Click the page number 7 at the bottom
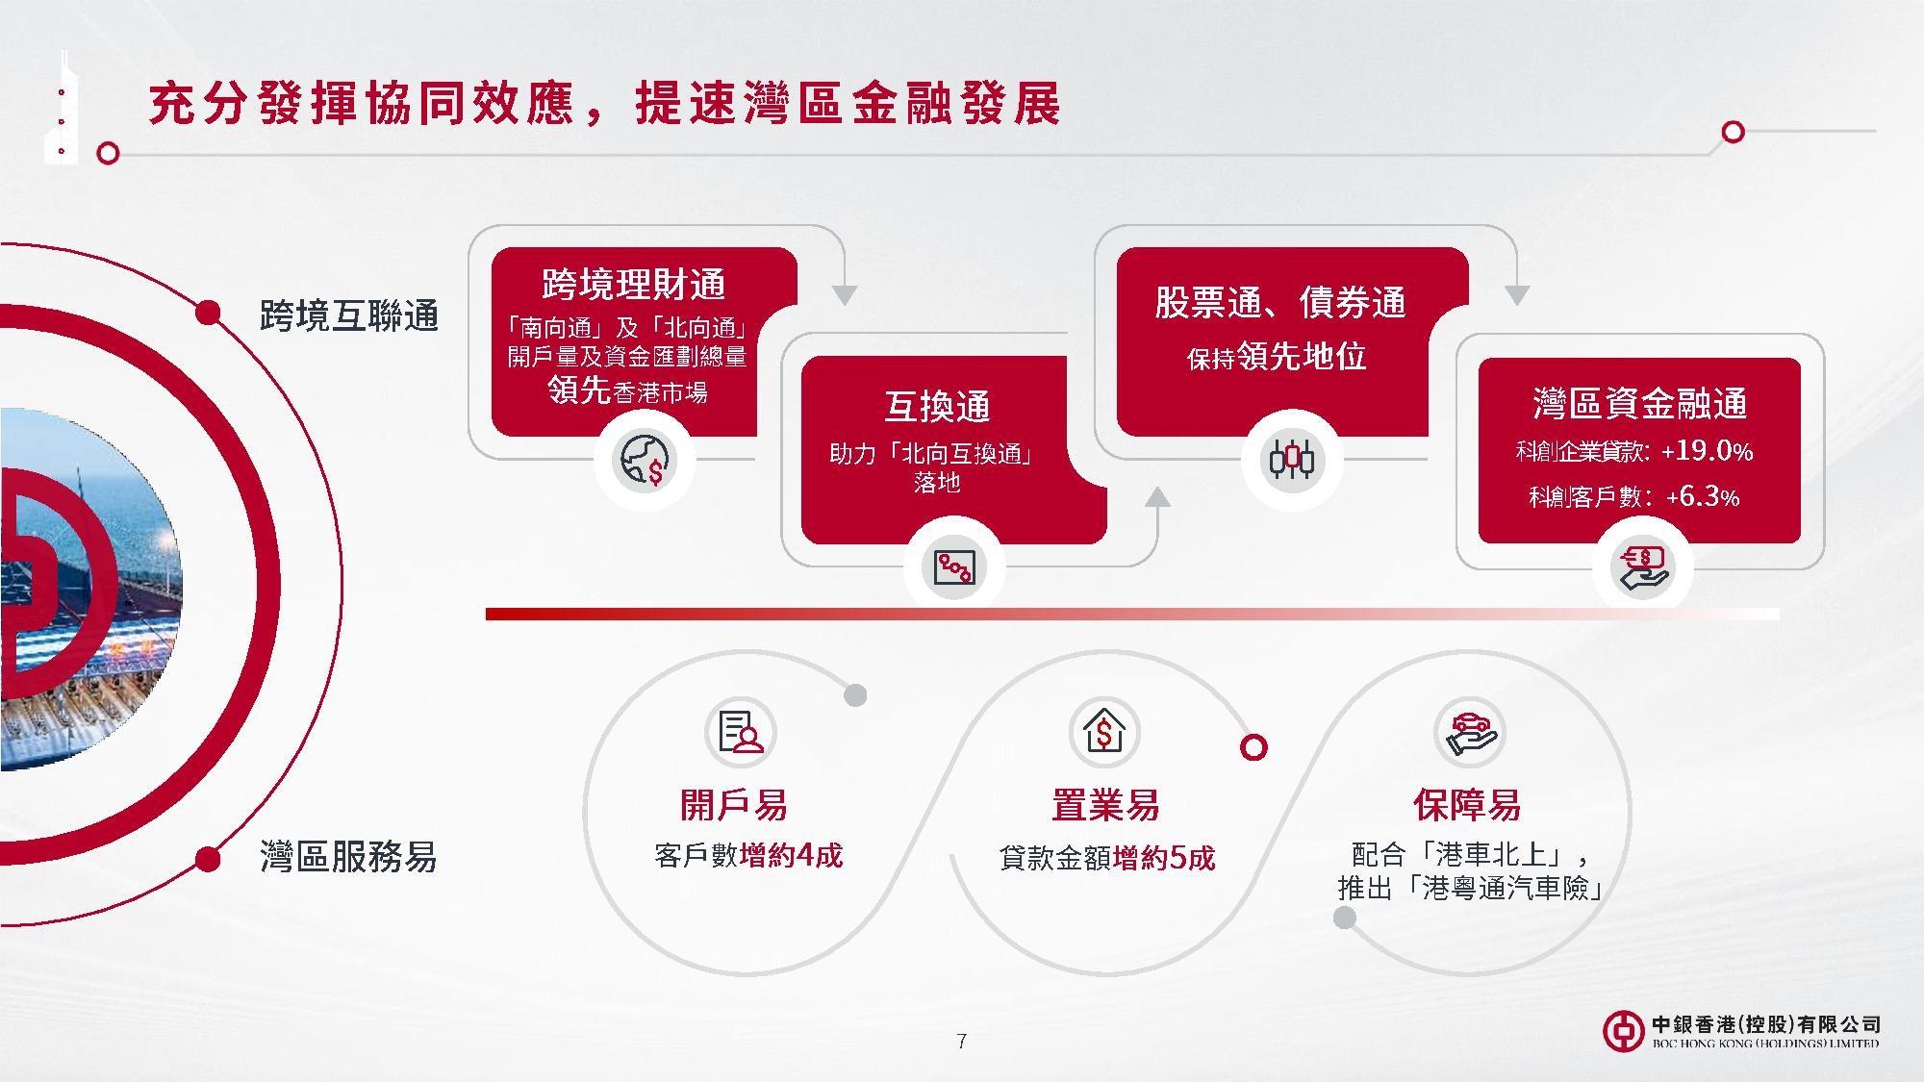[x=961, y=1041]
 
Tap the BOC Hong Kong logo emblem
[x=1623, y=1031]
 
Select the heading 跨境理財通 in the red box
[x=633, y=285]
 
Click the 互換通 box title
[x=937, y=406]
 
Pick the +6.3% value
[x=1703, y=496]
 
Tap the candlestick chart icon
[x=1291, y=460]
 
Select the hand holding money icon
[x=1643, y=567]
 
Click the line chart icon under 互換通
[x=954, y=567]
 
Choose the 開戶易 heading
[x=733, y=805]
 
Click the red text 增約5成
[x=1164, y=857]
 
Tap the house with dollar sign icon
[x=1104, y=732]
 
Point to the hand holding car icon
[x=1469, y=732]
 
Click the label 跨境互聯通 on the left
[x=349, y=315]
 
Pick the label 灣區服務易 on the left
[x=348, y=856]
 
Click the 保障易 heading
[x=1466, y=805]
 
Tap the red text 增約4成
[x=791, y=855]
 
